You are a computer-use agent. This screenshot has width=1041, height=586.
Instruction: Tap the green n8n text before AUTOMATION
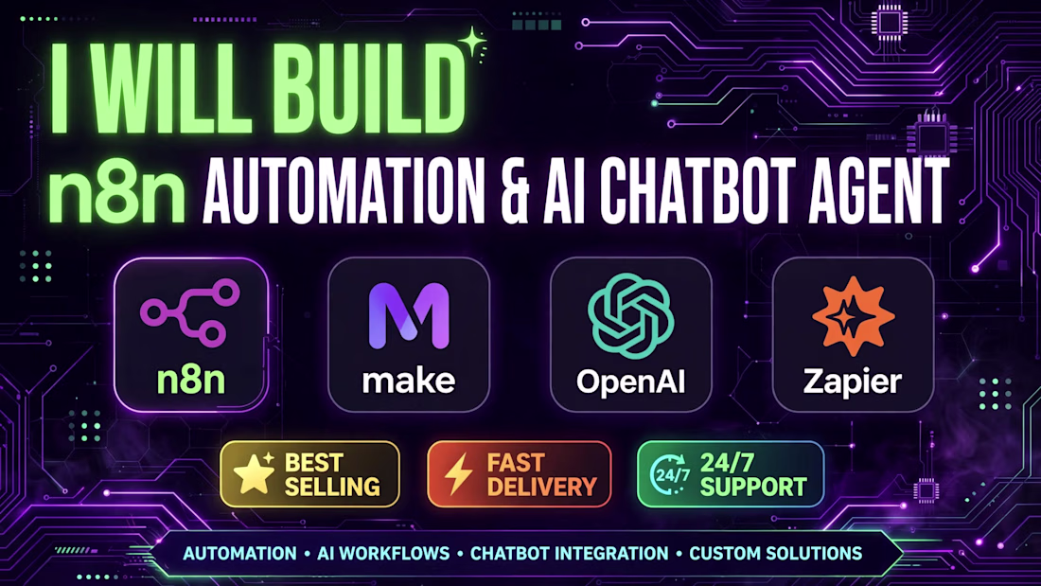116,192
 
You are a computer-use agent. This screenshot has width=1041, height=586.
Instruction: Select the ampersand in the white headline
515,191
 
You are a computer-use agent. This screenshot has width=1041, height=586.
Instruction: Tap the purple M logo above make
408,316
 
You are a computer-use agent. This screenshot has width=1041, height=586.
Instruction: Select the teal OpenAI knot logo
630,316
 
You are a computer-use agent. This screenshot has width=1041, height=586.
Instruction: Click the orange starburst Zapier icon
853,316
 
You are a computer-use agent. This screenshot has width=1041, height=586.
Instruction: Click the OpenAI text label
630,382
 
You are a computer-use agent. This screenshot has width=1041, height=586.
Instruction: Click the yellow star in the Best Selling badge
254,473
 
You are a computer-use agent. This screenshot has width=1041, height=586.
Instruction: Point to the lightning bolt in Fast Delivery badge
457,474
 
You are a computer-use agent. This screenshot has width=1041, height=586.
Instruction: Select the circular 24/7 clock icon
670,474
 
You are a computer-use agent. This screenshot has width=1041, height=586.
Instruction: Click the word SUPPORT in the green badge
753,487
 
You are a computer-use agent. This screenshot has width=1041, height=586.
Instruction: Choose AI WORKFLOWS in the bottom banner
383,554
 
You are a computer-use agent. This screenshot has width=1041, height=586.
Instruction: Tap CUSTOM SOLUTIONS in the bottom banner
775,554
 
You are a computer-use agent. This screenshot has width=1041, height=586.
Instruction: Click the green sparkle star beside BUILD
473,44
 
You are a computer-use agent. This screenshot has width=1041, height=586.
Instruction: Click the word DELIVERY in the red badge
541,487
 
